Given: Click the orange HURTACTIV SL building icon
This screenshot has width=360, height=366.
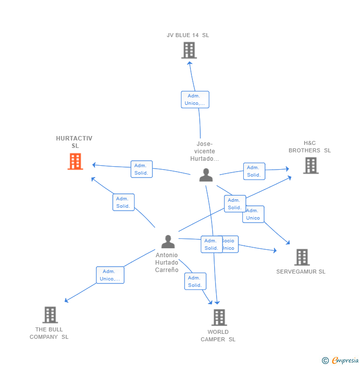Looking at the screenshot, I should click(75, 161).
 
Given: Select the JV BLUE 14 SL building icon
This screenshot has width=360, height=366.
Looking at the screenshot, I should click(189, 50).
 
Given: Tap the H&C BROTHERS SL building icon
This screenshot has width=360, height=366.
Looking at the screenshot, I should click(311, 165).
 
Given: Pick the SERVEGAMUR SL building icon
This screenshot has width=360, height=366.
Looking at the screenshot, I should click(302, 257).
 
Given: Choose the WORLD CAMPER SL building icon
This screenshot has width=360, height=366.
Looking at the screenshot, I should click(219, 317).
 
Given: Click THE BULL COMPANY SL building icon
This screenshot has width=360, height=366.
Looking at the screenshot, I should click(50, 315).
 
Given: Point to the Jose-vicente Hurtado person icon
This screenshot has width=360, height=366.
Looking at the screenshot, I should click(206, 175).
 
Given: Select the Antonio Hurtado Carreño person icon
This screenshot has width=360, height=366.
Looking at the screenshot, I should click(168, 241).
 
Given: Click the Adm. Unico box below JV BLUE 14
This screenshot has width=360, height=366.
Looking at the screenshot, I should click(195, 99).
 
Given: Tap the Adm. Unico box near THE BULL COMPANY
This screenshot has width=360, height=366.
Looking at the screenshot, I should click(110, 275).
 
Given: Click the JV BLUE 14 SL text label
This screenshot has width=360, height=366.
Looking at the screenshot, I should click(188, 35).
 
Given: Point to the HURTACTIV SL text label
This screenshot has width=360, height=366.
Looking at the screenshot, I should click(74, 142).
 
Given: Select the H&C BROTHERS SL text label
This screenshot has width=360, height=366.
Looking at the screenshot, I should click(310, 147).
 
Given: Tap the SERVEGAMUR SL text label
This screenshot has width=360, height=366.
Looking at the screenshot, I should click(301, 272).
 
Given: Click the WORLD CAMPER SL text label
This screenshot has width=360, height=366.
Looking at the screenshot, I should click(218, 335).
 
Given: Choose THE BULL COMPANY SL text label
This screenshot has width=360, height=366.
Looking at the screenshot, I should click(49, 333).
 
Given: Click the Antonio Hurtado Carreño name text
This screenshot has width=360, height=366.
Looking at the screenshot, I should click(167, 263).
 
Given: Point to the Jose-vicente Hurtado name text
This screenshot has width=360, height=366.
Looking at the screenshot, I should click(205, 151).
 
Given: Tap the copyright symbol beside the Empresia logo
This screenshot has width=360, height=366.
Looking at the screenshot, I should click(325, 361).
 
